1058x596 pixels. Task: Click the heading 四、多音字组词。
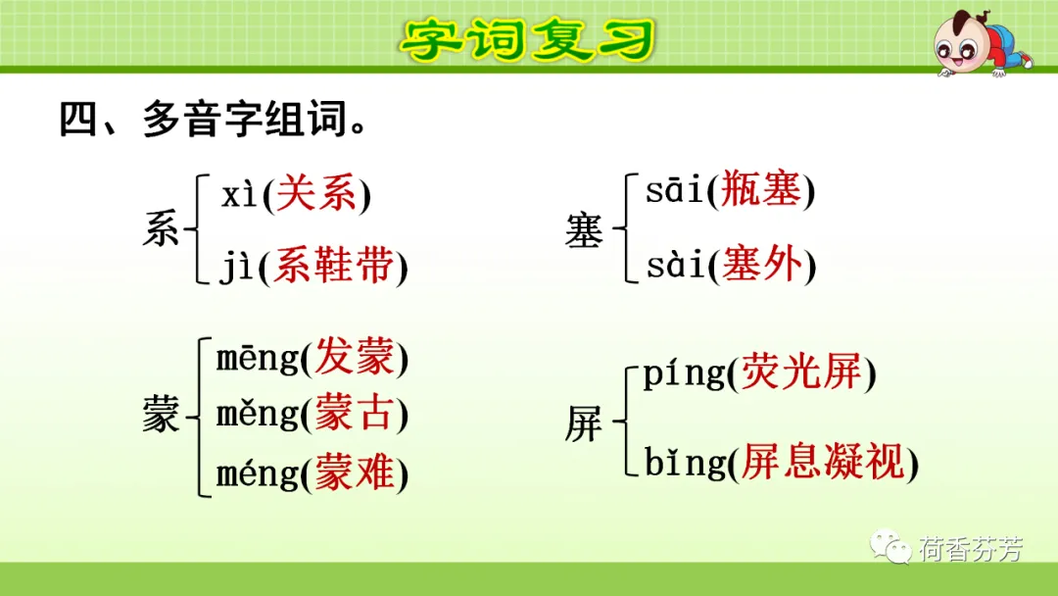click(214, 120)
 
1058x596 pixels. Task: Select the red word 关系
click(316, 194)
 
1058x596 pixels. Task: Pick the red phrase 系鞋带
click(333, 265)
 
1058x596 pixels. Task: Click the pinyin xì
click(240, 195)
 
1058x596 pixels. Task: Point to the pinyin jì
click(236, 266)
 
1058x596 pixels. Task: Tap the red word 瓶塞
click(761, 189)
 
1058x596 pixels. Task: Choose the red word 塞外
click(762, 264)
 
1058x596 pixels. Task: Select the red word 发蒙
click(355, 356)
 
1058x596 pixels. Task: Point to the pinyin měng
click(257, 414)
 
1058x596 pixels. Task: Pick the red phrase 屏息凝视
click(823, 462)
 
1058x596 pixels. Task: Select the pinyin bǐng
click(685, 463)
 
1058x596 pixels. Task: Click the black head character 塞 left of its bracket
click(584, 229)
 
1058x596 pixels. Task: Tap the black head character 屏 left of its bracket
click(583, 423)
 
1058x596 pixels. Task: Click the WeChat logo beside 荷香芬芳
click(890, 545)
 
